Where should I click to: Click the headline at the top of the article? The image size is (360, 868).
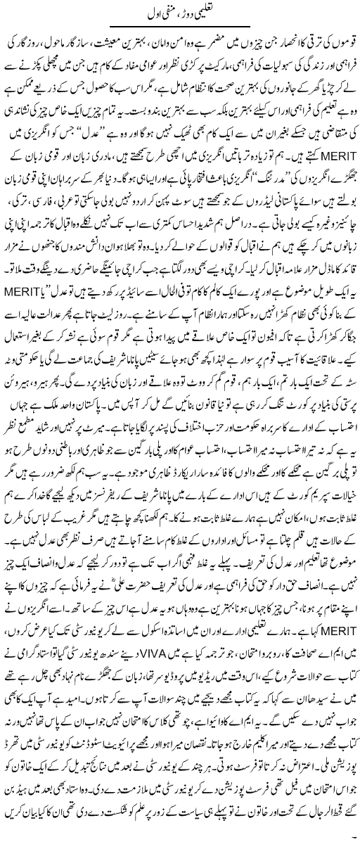tap(181, 12)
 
